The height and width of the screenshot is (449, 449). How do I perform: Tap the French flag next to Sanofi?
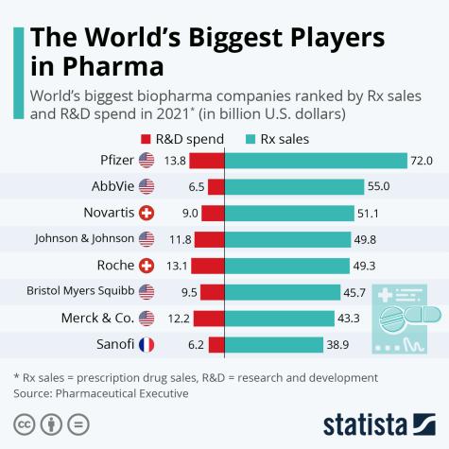[x=147, y=345]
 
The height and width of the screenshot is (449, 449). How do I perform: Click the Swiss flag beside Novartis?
[x=147, y=213]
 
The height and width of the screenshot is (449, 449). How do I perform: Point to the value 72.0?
[x=421, y=160]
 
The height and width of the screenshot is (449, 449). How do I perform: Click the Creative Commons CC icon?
[x=24, y=421]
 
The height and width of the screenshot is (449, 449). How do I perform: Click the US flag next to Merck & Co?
[x=147, y=319]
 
